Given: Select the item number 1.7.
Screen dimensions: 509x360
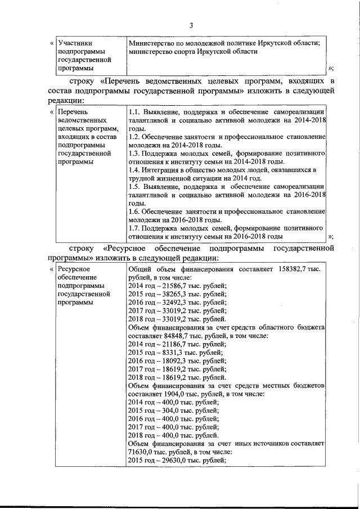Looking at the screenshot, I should (x=134, y=228).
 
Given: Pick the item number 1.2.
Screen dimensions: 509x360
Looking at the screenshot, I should (x=134, y=137).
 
